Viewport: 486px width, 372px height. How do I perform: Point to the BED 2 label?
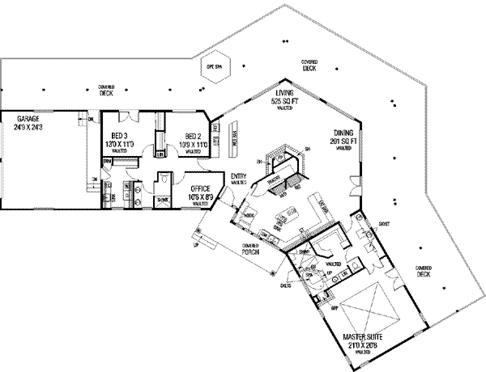[193, 135]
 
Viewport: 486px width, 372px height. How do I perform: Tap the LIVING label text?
[284, 94]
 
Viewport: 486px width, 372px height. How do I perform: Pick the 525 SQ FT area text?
[284, 102]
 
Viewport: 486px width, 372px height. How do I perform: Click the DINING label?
[343, 133]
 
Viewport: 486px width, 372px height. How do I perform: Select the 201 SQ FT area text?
[343, 142]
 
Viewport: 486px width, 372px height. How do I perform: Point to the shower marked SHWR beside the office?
[162, 196]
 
